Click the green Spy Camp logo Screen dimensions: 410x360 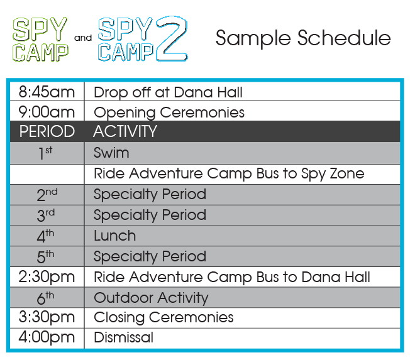tap(40, 40)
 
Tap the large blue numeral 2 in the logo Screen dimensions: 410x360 tap(172, 38)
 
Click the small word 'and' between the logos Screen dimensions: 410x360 tap(83, 38)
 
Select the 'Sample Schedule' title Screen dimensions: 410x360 tap(303, 38)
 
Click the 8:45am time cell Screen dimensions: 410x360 tap(47, 92)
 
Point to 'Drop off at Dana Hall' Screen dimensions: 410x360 tap(168, 92)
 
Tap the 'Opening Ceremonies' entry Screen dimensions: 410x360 tap(169, 112)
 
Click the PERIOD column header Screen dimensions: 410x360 tap(47, 131)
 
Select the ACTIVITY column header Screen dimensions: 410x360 tap(125, 131)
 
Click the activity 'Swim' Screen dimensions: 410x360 tap(111, 153)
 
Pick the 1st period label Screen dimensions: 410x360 tap(45, 153)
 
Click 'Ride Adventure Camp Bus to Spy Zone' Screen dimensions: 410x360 tap(229, 174)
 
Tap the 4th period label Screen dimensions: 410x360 tap(45, 236)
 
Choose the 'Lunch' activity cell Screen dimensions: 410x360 tap(115, 236)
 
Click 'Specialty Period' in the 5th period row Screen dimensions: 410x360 tap(150, 256)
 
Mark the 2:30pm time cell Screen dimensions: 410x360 tap(47, 277)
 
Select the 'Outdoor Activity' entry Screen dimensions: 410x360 tap(151, 298)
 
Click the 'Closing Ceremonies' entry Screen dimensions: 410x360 tap(163, 318)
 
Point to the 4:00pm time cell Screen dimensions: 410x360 tap(47, 337)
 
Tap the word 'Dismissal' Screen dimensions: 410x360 tap(123, 337)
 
